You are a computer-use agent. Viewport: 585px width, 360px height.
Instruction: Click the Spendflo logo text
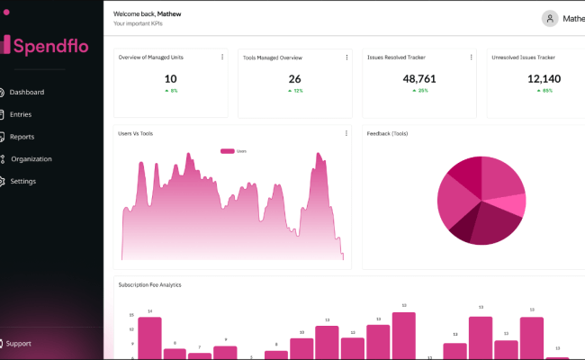tap(49, 44)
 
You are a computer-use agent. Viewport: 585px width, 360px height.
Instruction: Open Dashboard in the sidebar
tap(26, 92)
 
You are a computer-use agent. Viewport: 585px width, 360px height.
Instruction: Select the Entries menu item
tap(21, 114)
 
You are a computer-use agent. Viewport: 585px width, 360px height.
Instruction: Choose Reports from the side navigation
tap(22, 137)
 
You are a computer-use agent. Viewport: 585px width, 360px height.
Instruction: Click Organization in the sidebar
tap(31, 159)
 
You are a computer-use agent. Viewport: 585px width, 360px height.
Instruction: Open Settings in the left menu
tap(22, 181)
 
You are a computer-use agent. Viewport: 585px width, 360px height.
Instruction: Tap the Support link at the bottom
tap(18, 344)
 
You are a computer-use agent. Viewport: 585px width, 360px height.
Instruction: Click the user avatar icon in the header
tap(550, 18)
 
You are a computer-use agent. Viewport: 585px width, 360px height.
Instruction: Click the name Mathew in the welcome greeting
tap(169, 14)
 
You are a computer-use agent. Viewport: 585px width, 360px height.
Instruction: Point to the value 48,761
tap(419, 79)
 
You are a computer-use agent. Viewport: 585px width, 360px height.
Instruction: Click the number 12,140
tap(544, 79)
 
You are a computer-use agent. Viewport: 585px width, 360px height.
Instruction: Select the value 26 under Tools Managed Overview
tap(294, 79)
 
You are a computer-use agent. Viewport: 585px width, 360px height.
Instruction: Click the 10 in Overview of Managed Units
tap(171, 79)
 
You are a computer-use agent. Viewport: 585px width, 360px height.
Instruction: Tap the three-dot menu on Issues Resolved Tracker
tap(471, 57)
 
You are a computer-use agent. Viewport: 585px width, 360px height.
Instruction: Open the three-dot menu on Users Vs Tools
tap(346, 133)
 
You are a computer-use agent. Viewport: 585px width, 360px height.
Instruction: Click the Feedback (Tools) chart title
tap(387, 133)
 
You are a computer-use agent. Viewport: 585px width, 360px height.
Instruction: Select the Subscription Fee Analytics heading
tap(149, 284)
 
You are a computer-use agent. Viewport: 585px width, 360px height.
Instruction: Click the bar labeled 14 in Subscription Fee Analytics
tap(149, 337)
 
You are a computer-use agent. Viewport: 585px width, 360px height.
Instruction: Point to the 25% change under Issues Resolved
tap(419, 91)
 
